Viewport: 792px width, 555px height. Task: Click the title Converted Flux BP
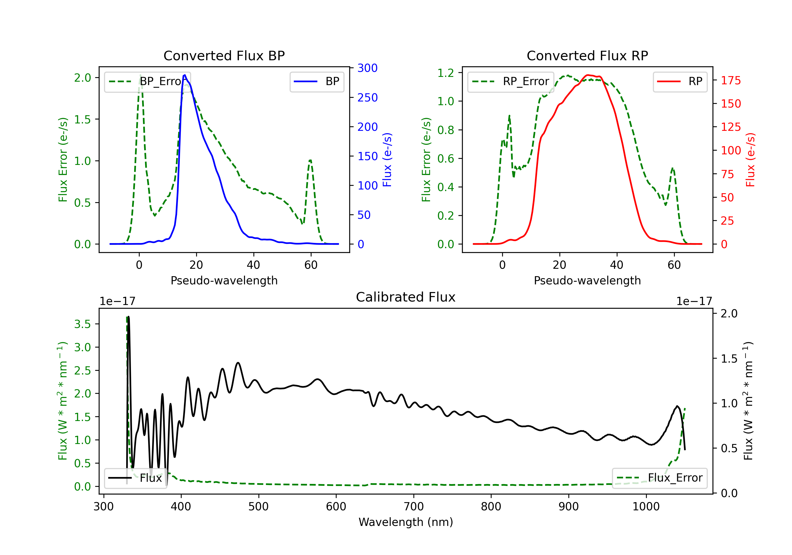pos(224,55)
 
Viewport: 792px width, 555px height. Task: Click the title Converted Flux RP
pos(587,55)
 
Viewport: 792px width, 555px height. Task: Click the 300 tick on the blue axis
pos(367,68)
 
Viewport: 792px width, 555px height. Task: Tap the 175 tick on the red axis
pos(730,80)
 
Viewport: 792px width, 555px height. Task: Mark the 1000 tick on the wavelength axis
pos(646,506)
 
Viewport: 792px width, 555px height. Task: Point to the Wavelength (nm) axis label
pos(406,522)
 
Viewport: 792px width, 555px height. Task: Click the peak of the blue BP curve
pos(185,75)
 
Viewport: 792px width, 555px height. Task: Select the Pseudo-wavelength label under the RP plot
pos(587,280)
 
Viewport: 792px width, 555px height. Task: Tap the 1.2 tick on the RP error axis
pos(445,73)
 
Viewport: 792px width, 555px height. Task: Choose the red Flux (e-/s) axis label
pos(750,160)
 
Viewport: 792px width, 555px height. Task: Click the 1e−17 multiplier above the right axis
pos(694,301)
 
